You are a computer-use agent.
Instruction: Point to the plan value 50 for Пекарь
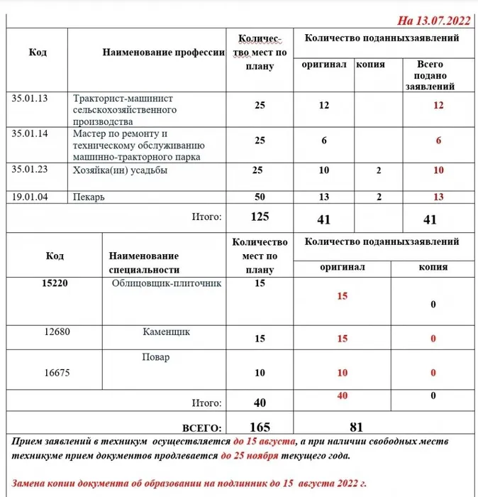pos(260,197)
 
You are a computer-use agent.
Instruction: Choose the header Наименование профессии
pos(164,53)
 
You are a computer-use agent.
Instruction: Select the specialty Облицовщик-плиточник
pos(167,283)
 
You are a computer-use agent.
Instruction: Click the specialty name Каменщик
pos(166,332)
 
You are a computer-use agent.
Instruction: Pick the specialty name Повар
pos(156,357)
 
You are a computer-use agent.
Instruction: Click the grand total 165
pos(260,427)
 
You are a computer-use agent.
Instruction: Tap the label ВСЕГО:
pos(202,428)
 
